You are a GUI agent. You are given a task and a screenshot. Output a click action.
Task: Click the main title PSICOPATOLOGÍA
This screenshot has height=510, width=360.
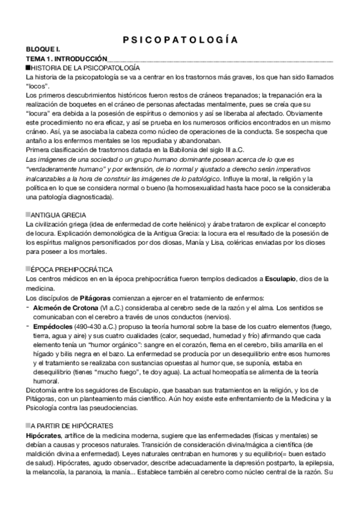180,40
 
